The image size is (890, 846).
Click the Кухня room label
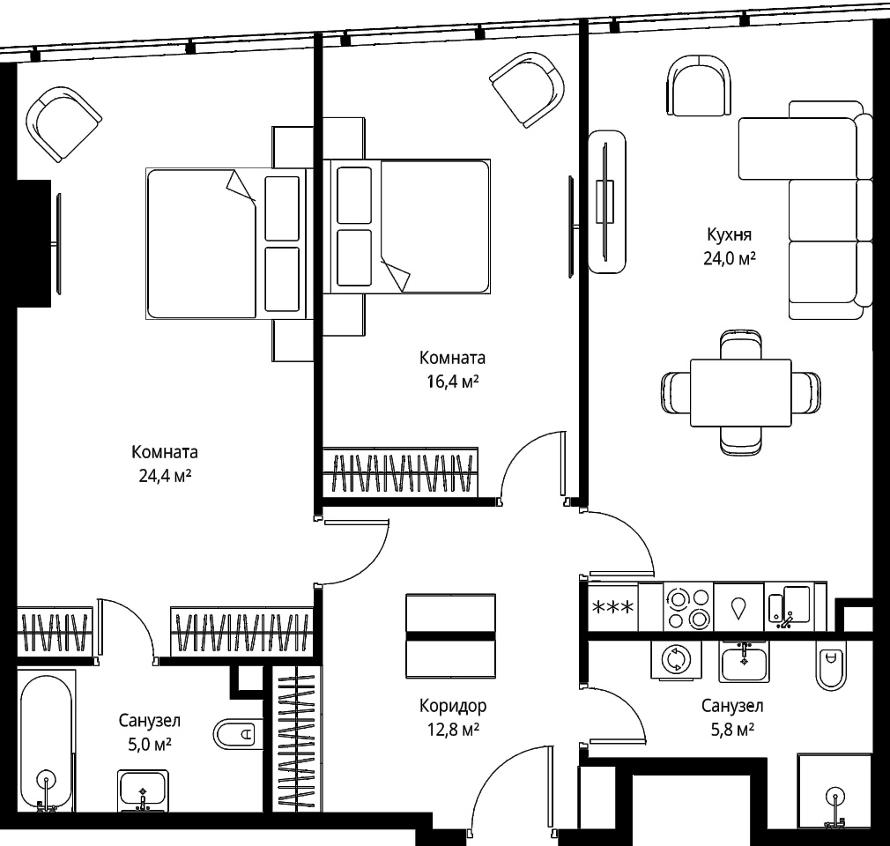[730, 234]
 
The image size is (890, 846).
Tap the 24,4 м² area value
[165, 476]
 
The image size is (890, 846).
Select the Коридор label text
[453, 706]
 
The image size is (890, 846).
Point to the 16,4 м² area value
[453, 382]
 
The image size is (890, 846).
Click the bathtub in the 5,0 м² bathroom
[47, 740]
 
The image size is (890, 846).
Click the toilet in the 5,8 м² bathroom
[831, 666]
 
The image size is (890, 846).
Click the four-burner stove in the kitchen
[688, 607]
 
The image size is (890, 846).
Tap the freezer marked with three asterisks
[613, 607]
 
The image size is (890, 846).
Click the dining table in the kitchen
[741, 392]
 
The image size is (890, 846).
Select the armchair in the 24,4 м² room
[63, 123]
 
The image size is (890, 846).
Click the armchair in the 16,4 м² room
[527, 89]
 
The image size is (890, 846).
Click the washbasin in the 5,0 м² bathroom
[143, 790]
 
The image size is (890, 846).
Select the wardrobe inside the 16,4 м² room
[401, 471]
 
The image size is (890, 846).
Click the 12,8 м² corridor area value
[453, 729]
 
